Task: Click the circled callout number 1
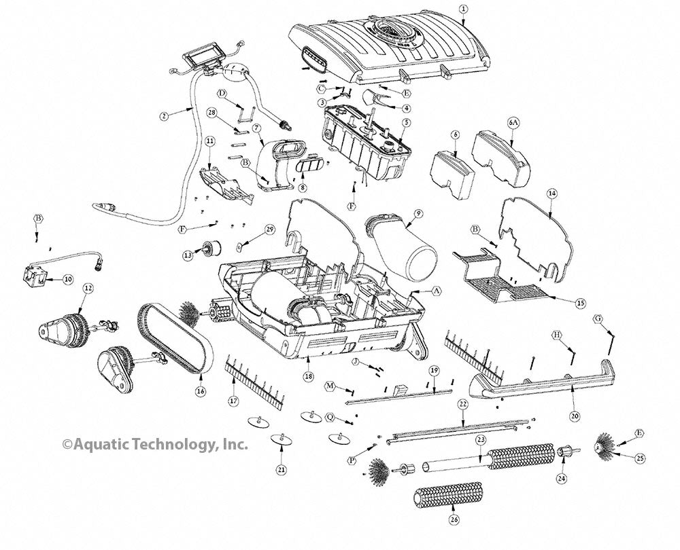pos(463,9)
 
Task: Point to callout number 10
pos(67,279)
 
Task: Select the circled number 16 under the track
pos(200,391)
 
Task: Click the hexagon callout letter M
pos(330,386)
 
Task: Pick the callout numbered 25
pos(639,459)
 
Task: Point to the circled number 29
pos(269,231)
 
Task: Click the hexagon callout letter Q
pos(330,417)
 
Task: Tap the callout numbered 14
pos(552,194)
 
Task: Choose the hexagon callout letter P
pos(352,460)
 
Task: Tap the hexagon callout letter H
pos(556,335)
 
